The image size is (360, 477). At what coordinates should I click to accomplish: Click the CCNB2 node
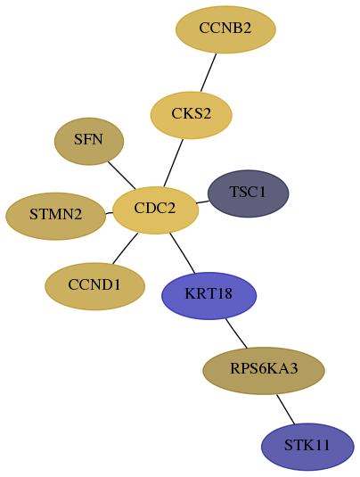click(x=225, y=29)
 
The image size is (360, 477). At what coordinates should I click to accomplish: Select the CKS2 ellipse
click(x=192, y=115)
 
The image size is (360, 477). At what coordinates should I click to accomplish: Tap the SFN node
click(x=89, y=142)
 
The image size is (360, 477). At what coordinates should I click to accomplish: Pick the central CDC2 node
click(x=155, y=210)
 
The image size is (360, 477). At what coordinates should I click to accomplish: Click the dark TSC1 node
click(x=248, y=193)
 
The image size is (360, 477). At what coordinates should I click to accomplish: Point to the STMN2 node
click(x=56, y=216)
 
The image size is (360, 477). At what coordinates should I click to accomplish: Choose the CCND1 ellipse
click(x=94, y=286)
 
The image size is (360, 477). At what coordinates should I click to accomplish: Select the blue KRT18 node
click(x=209, y=296)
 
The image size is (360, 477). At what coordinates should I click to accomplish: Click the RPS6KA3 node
click(x=264, y=371)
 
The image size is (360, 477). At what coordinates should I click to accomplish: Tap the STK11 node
click(x=307, y=447)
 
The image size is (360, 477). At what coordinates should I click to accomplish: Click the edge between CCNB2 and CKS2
click(x=209, y=72)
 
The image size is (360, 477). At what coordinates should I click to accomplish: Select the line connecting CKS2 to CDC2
click(x=173, y=163)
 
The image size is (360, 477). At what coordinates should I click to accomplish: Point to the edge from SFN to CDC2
click(x=121, y=175)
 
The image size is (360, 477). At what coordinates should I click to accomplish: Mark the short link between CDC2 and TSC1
click(x=203, y=202)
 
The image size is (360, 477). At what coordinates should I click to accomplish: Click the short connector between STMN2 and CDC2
click(x=109, y=212)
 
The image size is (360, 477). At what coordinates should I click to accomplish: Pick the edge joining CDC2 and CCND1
click(x=125, y=248)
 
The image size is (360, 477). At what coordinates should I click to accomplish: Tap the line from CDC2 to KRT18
click(x=182, y=253)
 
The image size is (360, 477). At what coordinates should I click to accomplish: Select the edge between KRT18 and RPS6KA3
click(x=236, y=333)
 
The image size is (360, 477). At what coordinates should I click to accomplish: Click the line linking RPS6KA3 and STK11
click(x=286, y=409)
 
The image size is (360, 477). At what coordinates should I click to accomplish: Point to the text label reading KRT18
click(x=209, y=294)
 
